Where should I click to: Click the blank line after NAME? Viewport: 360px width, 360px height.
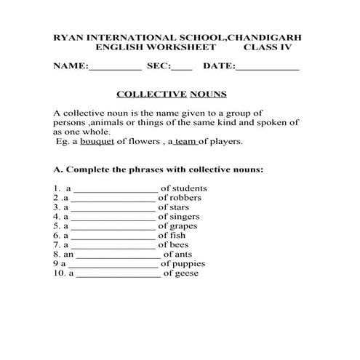pos(115,67)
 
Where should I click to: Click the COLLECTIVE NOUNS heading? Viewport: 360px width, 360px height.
pos(172,94)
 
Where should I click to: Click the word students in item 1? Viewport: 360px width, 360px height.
pos(189,188)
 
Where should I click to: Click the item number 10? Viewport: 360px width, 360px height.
pos(59,273)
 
